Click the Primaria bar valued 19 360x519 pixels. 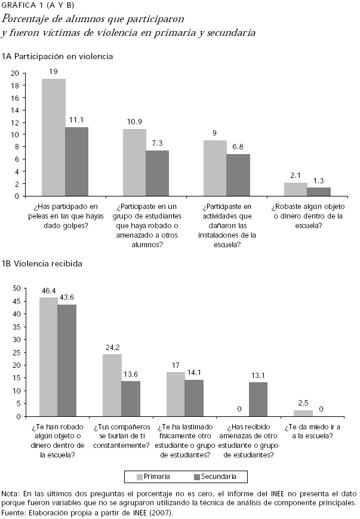tap(53, 137)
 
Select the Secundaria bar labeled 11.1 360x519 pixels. tap(76, 161)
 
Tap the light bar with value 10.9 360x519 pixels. tap(134, 162)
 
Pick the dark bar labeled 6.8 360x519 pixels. tap(238, 174)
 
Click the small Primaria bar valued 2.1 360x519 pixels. tap(296, 189)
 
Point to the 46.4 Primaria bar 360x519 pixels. tap(48, 357)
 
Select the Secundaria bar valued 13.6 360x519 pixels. tap(130, 398)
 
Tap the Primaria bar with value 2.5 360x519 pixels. tap(303, 413)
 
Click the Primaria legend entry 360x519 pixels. tap(152, 477)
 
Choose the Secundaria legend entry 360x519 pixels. tap(215, 477)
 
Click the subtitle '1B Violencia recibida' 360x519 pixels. tap(42, 263)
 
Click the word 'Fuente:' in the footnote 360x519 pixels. tap(13, 512)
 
